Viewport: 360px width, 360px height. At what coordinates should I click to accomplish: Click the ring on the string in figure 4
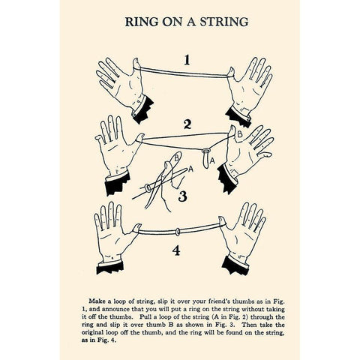click(176, 227)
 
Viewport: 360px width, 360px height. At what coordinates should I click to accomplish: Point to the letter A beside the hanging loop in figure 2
click(214, 159)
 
